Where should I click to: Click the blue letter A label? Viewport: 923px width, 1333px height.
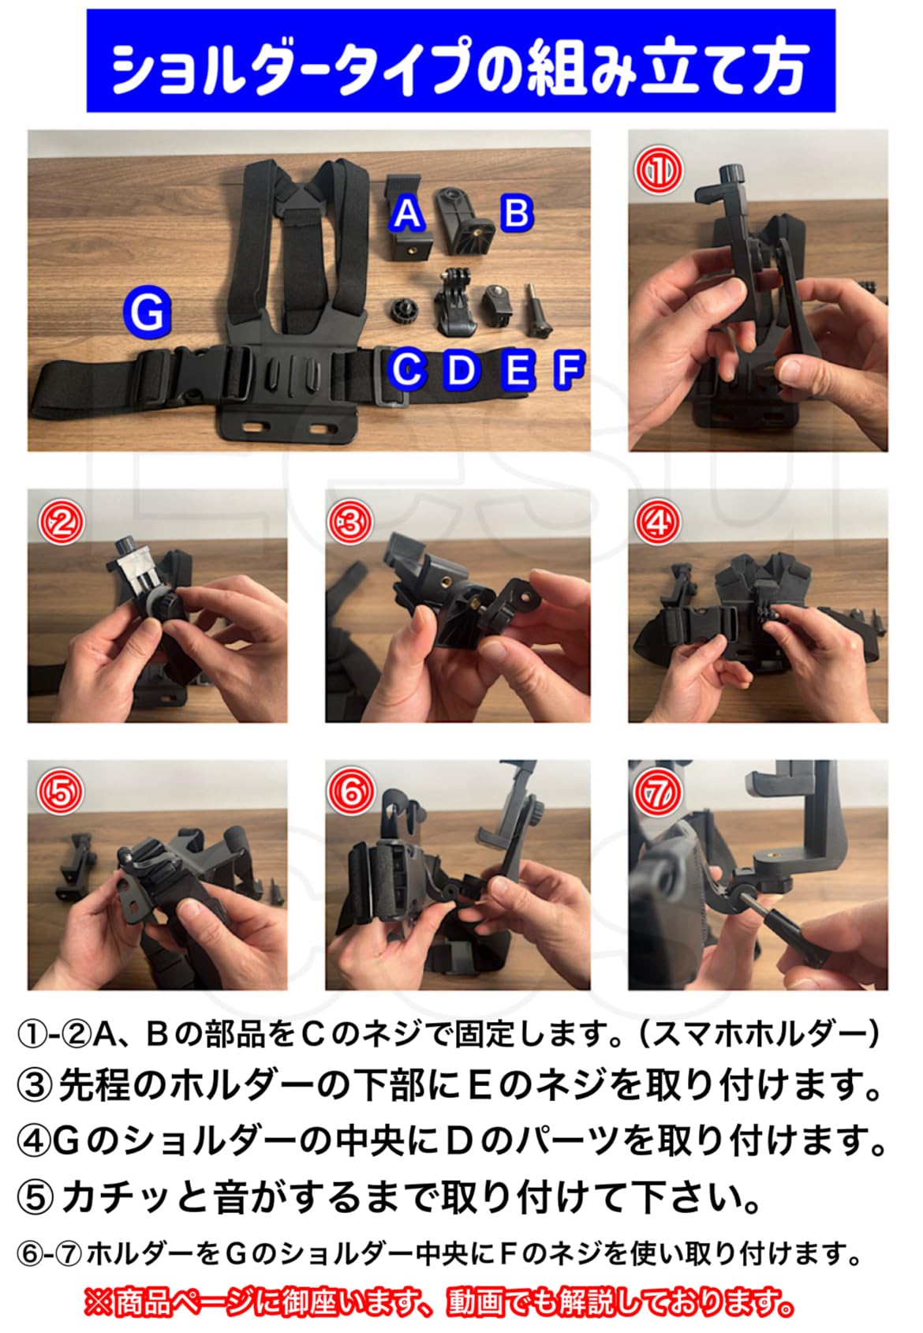click(407, 214)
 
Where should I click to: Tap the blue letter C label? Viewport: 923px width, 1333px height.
click(407, 369)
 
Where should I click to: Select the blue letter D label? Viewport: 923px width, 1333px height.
click(461, 369)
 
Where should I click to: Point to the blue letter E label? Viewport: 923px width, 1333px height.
click(518, 369)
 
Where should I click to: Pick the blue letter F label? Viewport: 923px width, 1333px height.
click(569, 369)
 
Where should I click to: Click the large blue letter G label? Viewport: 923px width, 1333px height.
click(147, 313)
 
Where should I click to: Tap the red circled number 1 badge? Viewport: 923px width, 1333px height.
click(659, 170)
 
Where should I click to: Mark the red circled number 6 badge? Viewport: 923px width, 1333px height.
click(349, 791)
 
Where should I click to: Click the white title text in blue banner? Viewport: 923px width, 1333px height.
click(460, 66)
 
